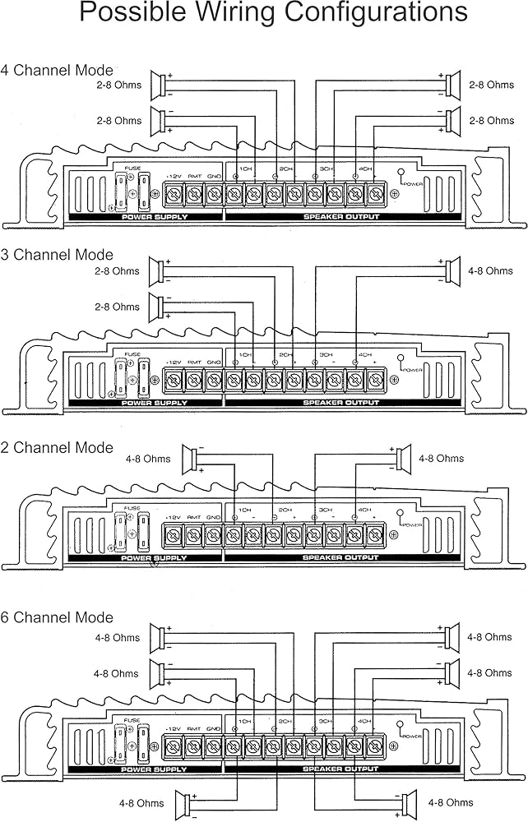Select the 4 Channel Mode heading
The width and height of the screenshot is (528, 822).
coord(57,71)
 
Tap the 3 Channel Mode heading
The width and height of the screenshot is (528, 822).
coord(57,255)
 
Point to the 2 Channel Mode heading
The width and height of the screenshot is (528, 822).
coord(57,448)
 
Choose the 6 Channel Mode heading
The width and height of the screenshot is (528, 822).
coord(57,617)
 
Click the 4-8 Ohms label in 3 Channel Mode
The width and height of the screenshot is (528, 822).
coord(491,270)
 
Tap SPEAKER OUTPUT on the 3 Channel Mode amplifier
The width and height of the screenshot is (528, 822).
coord(341,403)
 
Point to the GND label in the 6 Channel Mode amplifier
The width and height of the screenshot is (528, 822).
coord(214,729)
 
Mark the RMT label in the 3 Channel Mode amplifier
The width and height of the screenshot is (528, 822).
coord(194,362)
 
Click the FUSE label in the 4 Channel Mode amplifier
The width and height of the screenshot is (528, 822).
coord(132,169)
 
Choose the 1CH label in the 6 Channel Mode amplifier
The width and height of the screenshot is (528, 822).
coord(244,721)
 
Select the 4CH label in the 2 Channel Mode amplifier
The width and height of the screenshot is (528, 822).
coord(364,510)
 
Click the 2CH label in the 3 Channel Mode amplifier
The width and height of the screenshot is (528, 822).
coord(285,355)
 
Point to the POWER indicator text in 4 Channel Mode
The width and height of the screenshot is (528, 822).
coord(413,184)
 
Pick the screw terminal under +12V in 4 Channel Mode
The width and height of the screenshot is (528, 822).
coord(174,196)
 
